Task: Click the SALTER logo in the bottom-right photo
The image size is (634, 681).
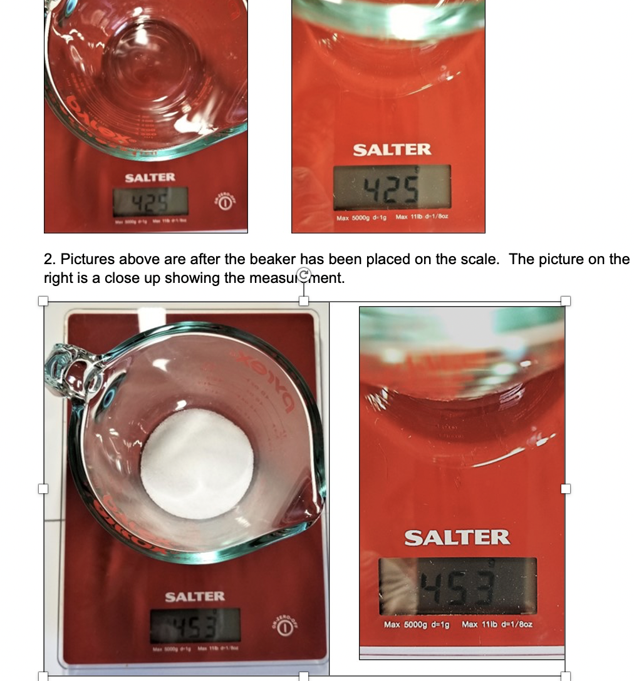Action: pyautogui.click(x=457, y=538)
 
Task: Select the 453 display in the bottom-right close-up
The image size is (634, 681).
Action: pyautogui.click(x=458, y=586)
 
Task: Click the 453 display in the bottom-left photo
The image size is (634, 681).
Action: pyautogui.click(x=195, y=625)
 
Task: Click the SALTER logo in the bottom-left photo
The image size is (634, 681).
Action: pyautogui.click(x=195, y=597)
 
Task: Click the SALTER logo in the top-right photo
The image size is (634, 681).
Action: pyautogui.click(x=392, y=150)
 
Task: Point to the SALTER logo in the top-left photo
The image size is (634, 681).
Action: pyautogui.click(x=150, y=178)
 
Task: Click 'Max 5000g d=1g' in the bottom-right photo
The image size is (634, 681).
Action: pyautogui.click(x=417, y=624)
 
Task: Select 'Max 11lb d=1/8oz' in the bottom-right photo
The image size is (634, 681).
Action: pyautogui.click(x=497, y=624)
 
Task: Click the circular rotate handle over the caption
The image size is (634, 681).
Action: pyautogui.click(x=304, y=274)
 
